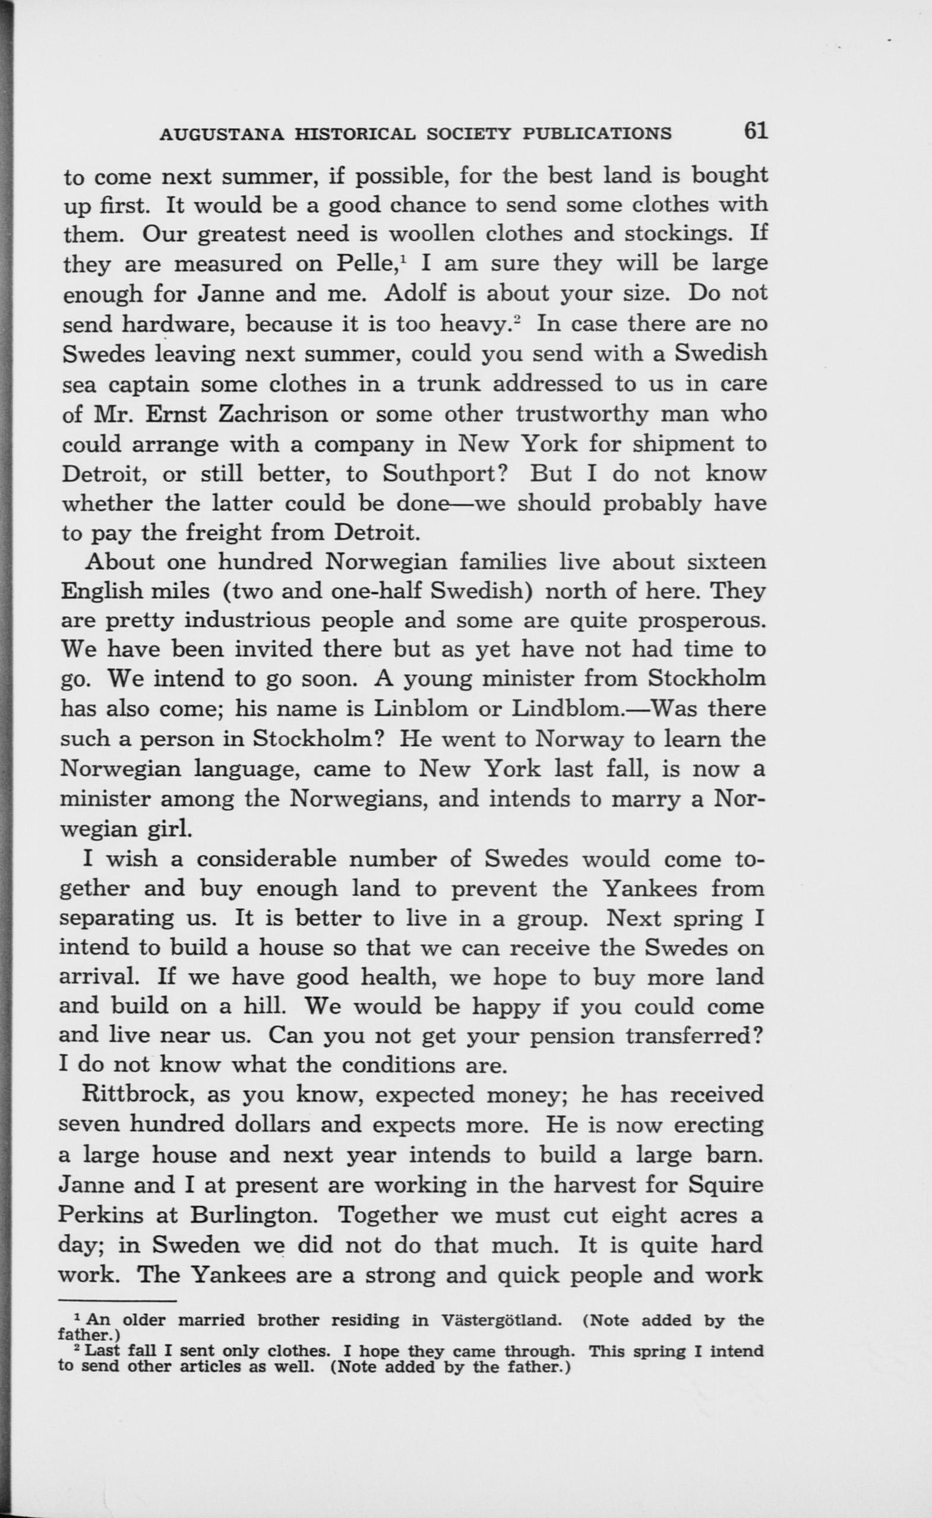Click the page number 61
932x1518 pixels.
[756, 131]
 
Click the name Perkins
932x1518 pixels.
[102, 1214]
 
